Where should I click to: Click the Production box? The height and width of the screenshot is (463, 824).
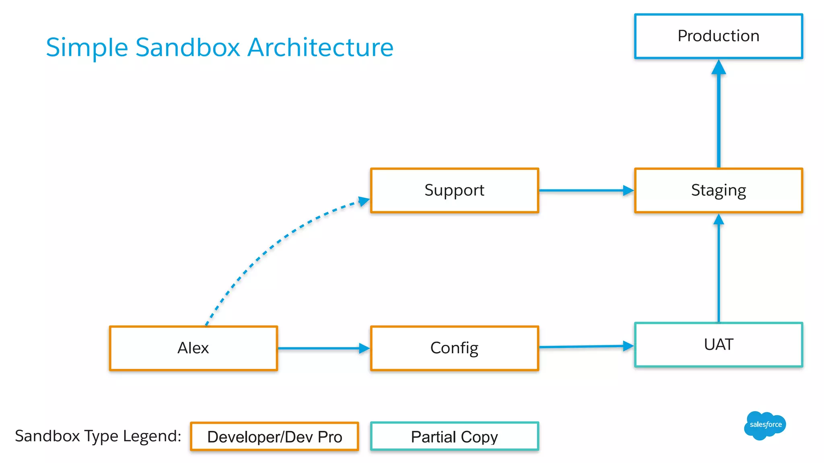pyautogui.click(x=718, y=36)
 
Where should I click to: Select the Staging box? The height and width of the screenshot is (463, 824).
pyautogui.click(x=718, y=190)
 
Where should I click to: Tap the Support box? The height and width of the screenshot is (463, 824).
pyautogui.click(x=454, y=190)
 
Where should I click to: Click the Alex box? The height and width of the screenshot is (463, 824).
pyautogui.click(x=193, y=348)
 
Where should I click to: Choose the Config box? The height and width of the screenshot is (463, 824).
pyautogui.click(x=454, y=348)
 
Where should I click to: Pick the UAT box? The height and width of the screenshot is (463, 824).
pyautogui.click(x=718, y=345)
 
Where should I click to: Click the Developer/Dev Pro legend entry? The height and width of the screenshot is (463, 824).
pyautogui.click(x=274, y=436)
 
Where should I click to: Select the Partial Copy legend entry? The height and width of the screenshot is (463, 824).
pyautogui.click(x=454, y=436)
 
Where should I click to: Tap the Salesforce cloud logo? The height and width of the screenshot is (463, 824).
pyautogui.click(x=764, y=425)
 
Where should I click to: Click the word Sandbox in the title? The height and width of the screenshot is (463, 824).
pyautogui.click(x=187, y=47)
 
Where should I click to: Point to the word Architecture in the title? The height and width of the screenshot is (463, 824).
pyautogui.click(x=320, y=47)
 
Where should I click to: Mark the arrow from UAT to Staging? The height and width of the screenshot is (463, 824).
pyautogui.click(x=719, y=273)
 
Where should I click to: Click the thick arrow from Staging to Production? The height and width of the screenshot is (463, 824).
pyautogui.click(x=719, y=121)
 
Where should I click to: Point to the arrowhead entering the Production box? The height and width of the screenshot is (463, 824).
pyautogui.click(x=719, y=68)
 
